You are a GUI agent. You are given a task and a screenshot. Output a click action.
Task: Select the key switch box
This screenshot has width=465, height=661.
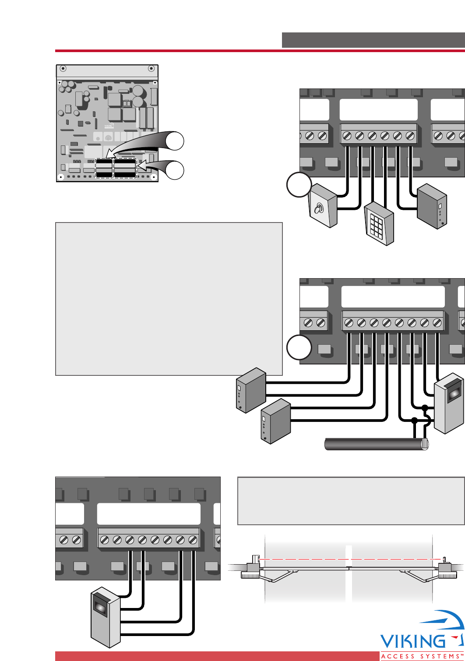[323, 205]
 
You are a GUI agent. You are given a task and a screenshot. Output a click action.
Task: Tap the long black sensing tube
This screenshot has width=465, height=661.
[374, 444]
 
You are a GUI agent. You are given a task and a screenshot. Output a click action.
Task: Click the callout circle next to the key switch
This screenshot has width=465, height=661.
[299, 185]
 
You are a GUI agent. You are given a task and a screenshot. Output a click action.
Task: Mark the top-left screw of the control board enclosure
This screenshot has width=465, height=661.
[63, 68]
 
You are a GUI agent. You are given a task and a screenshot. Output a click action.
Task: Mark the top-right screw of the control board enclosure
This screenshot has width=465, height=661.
[151, 68]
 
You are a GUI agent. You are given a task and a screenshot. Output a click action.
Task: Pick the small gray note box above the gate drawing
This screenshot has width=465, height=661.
[351, 501]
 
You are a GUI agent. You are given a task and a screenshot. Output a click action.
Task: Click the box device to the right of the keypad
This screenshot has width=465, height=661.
[432, 206]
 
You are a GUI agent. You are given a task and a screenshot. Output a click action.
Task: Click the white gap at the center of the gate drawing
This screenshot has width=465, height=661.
[349, 574]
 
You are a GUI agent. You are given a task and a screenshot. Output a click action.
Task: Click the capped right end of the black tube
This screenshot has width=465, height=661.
[424, 444]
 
